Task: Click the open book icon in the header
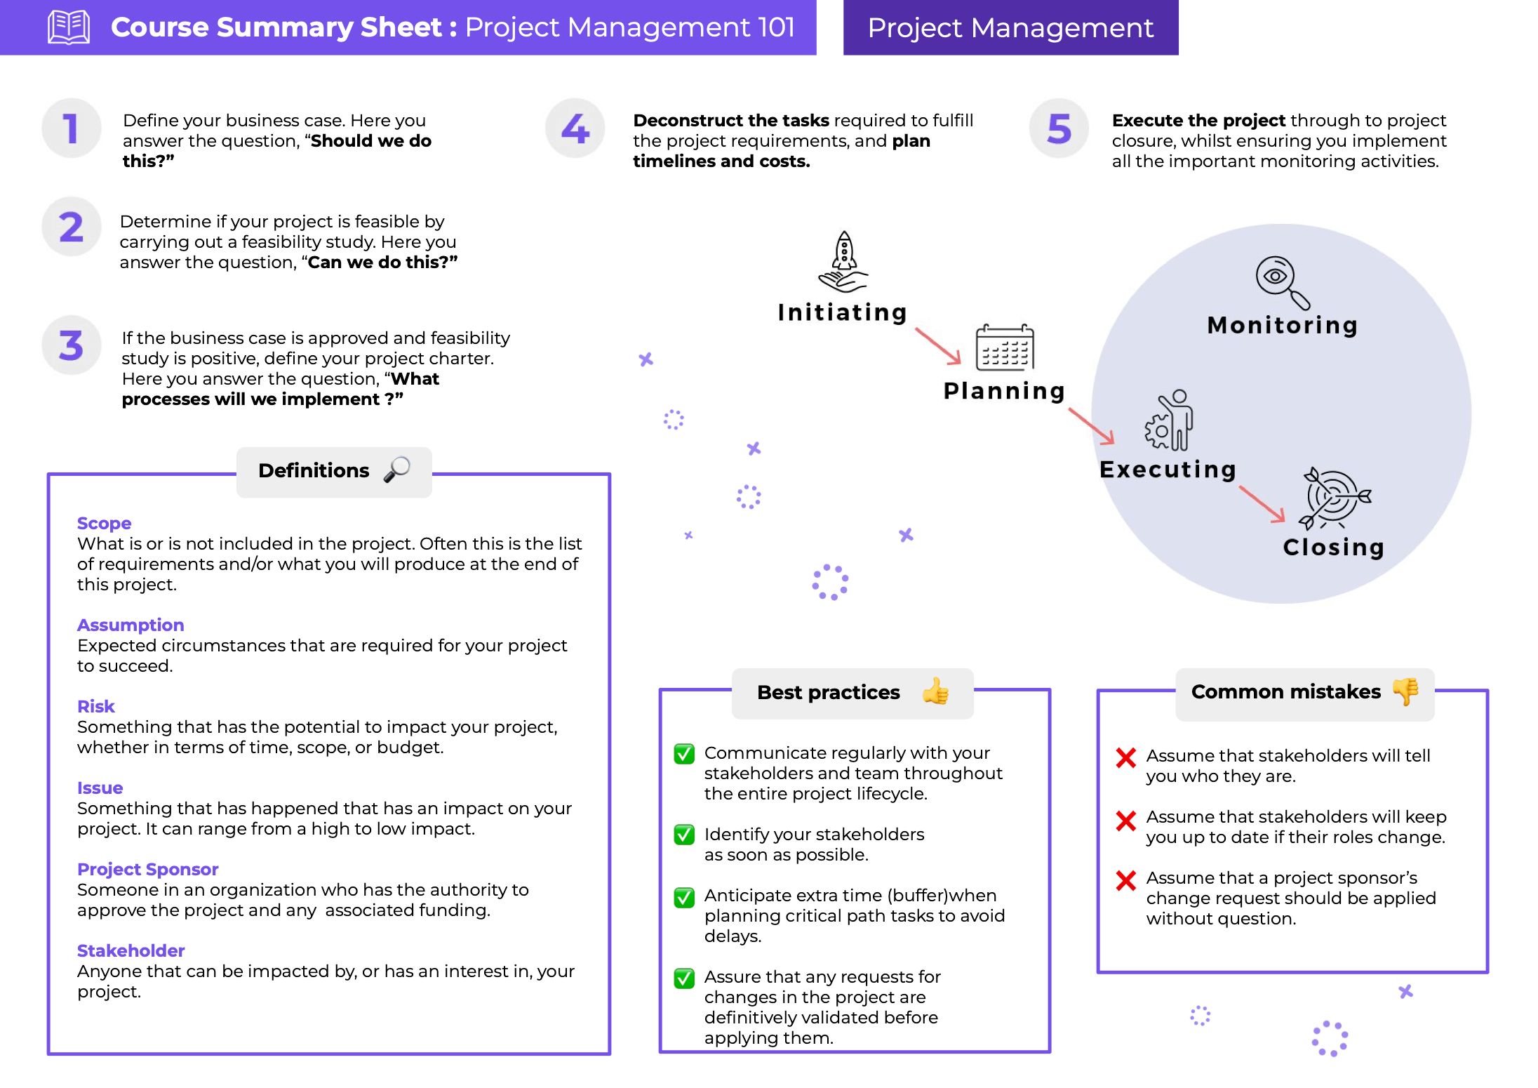(x=68, y=27)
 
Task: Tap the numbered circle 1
(x=71, y=128)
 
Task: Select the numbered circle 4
(x=575, y=128)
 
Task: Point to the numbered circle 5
(x=1059, y=128)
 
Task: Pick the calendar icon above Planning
(x=1005, y=347)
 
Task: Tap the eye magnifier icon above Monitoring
(x=1281, y=281)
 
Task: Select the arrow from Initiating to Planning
(x=938, y=345)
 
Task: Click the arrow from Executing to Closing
(x=1262, y=504)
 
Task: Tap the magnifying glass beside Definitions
(x=397, y=469)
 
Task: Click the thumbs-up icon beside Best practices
(x=935, y=691)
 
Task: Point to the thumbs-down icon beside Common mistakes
(x=1406, y=691)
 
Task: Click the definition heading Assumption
(x=131, y=625)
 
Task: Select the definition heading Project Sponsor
(x=147, y=869)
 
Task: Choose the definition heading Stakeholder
(x=131, y=950)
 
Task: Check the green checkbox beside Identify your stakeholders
(x=684, y=835)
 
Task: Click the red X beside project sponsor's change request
(x=1126, y=880)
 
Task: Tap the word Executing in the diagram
(x=1168, y=470)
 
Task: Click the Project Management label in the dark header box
(x=1010, y=27)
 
